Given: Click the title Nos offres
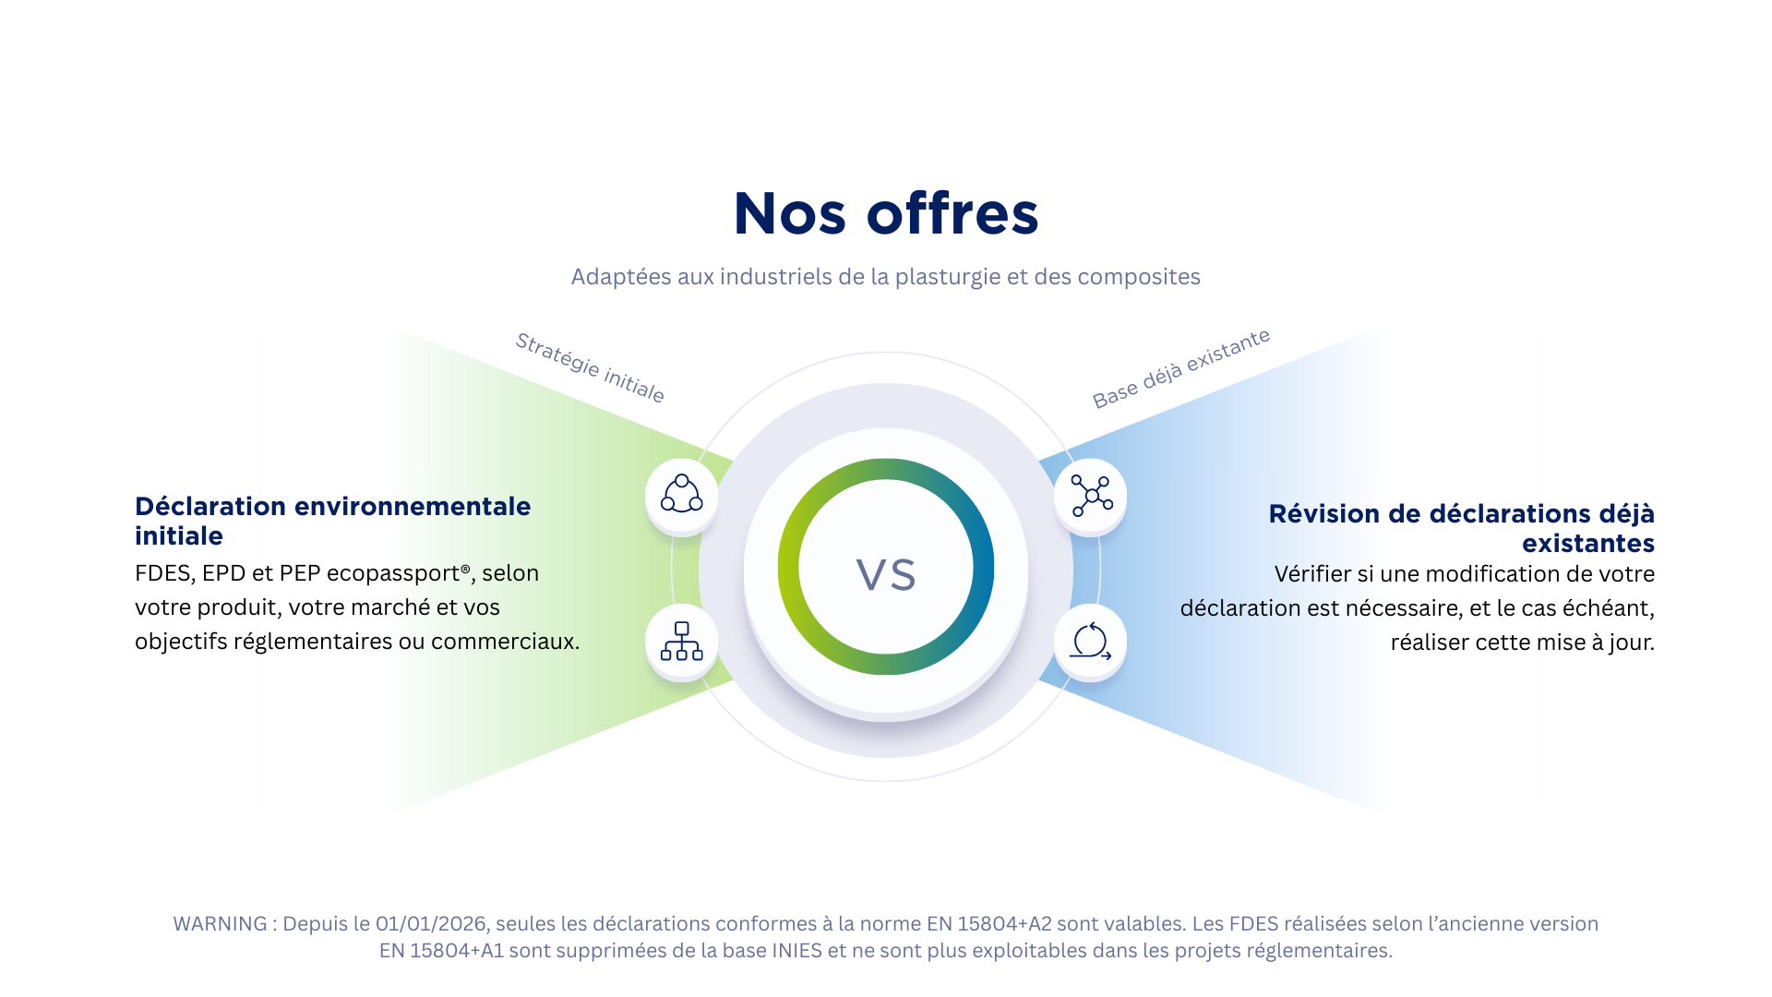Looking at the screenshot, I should [x=886, y=214].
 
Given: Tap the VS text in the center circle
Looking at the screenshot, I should [x=886, y=574].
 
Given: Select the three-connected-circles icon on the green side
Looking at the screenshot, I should [x=681, y=495].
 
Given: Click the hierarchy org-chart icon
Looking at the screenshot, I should [x=681, y=642].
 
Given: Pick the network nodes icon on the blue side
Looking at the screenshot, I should [x=1092, y=497].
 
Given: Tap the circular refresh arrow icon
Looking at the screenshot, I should [x=1091, y=642].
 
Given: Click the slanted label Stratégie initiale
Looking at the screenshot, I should [x=590, y=367].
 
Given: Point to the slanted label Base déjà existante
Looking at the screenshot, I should [x=1181, y=367].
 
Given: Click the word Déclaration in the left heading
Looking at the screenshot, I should [x=210, y=507].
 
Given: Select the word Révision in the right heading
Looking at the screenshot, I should [x=1323, y=514].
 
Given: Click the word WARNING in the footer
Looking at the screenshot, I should [x=220, y=924].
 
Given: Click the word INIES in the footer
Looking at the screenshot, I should [x=796, y=951].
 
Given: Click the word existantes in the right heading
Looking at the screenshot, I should [x=1588, y=544].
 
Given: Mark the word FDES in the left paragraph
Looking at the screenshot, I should [x=162, y=573].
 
